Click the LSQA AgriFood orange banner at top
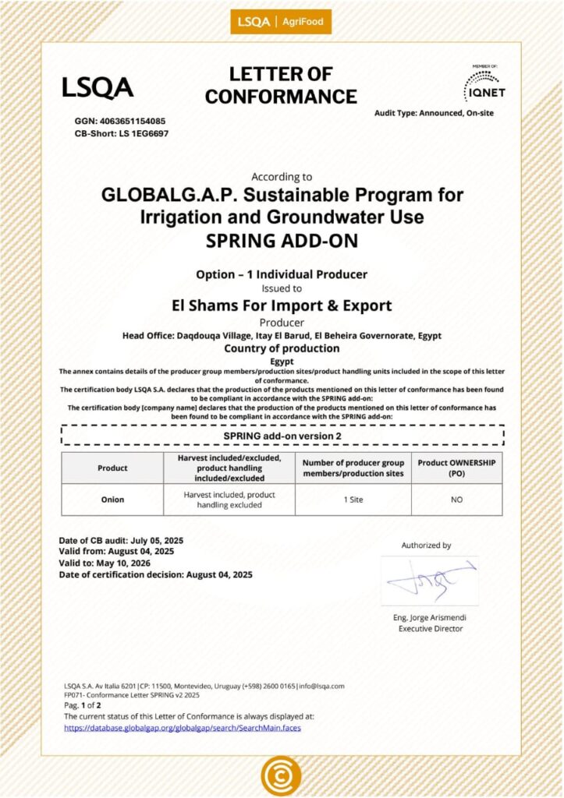282,22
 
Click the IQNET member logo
484,85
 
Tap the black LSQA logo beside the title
98,87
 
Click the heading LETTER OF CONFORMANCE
281,86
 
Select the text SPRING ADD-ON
282,241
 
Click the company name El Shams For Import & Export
282,305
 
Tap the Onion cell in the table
112,500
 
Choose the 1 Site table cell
353,500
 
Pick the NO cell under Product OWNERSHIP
456,500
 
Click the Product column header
112,468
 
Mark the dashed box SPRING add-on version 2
282,436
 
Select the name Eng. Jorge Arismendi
431,618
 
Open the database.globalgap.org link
182,728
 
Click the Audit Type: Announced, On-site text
434,113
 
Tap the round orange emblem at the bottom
281,775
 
